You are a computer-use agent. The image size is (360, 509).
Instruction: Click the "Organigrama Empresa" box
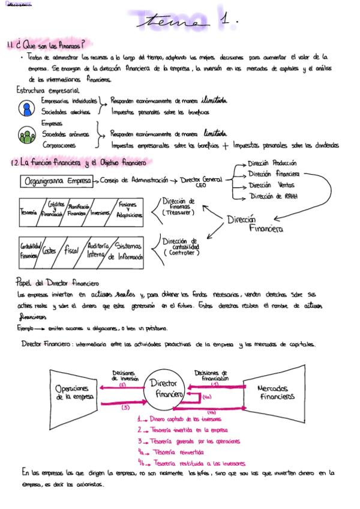[58, 181]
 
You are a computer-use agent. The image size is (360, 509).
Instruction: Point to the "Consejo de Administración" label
[134, 181]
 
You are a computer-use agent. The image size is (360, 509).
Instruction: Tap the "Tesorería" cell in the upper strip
[29, 212]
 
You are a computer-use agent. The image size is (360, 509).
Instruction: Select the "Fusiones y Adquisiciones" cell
[128, 209]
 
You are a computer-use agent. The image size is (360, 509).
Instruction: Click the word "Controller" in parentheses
[181, 253]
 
